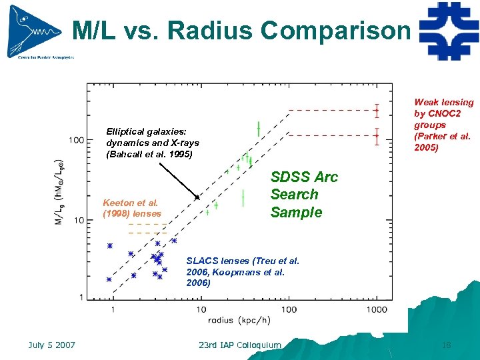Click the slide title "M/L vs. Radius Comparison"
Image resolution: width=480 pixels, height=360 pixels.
click(241, 30)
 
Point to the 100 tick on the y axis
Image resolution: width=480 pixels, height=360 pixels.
click(75, 140)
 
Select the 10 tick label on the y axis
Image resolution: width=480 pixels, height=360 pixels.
click(77, 220)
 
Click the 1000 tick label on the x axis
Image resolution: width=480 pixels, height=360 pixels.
click(377, 310)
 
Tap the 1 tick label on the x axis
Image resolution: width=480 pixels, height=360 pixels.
click(113, 310)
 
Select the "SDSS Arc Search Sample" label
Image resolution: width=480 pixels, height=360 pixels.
click(304, 195)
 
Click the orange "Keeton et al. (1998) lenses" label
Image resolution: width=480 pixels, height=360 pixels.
click(132, 208)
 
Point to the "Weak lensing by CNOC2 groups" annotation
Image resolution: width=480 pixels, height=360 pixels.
click(443, 125)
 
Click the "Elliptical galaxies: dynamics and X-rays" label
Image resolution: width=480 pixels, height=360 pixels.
click(152, 143)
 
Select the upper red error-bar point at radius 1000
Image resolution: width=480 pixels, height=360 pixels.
click(377, 110)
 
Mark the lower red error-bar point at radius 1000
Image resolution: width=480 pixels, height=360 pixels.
click(377, 135)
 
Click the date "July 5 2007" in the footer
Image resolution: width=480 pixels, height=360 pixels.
click(52, 345)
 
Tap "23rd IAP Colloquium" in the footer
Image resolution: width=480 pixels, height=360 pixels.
click(240, 345)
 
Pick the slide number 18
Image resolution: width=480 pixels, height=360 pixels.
click(446, 345)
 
